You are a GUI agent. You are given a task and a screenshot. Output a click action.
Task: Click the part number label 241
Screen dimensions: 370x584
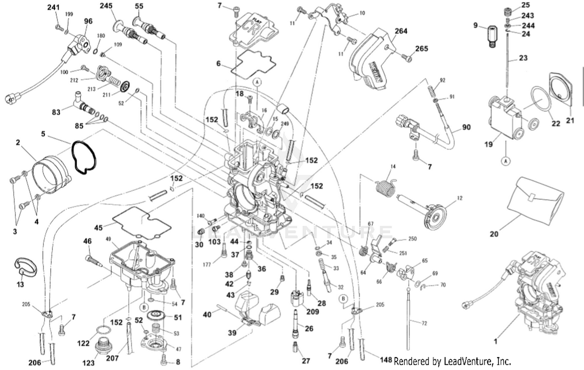(53, 7)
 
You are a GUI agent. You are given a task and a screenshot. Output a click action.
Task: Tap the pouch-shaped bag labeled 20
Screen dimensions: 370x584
(536, 198)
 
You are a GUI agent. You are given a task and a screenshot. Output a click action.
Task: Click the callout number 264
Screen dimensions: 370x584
(401, 31)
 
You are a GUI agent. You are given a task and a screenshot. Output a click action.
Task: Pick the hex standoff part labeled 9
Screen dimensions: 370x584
(492, 36)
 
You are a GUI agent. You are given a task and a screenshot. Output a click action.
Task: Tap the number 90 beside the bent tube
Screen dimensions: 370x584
(466, 127)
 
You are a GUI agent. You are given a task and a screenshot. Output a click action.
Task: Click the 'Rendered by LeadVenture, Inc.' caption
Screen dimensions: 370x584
(452, 361)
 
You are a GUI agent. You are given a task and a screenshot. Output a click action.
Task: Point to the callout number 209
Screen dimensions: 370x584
(312, 312)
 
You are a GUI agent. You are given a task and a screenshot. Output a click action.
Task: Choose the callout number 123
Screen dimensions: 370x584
(88, 363)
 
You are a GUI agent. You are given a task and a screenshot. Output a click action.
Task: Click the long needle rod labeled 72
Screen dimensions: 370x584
(408, 319)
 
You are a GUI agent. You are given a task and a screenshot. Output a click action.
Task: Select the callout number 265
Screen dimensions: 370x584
(421, 49)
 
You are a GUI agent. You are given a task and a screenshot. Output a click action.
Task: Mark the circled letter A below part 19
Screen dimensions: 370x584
(505, 160)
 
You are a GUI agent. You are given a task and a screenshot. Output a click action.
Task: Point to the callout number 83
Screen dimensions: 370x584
(56, 112)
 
